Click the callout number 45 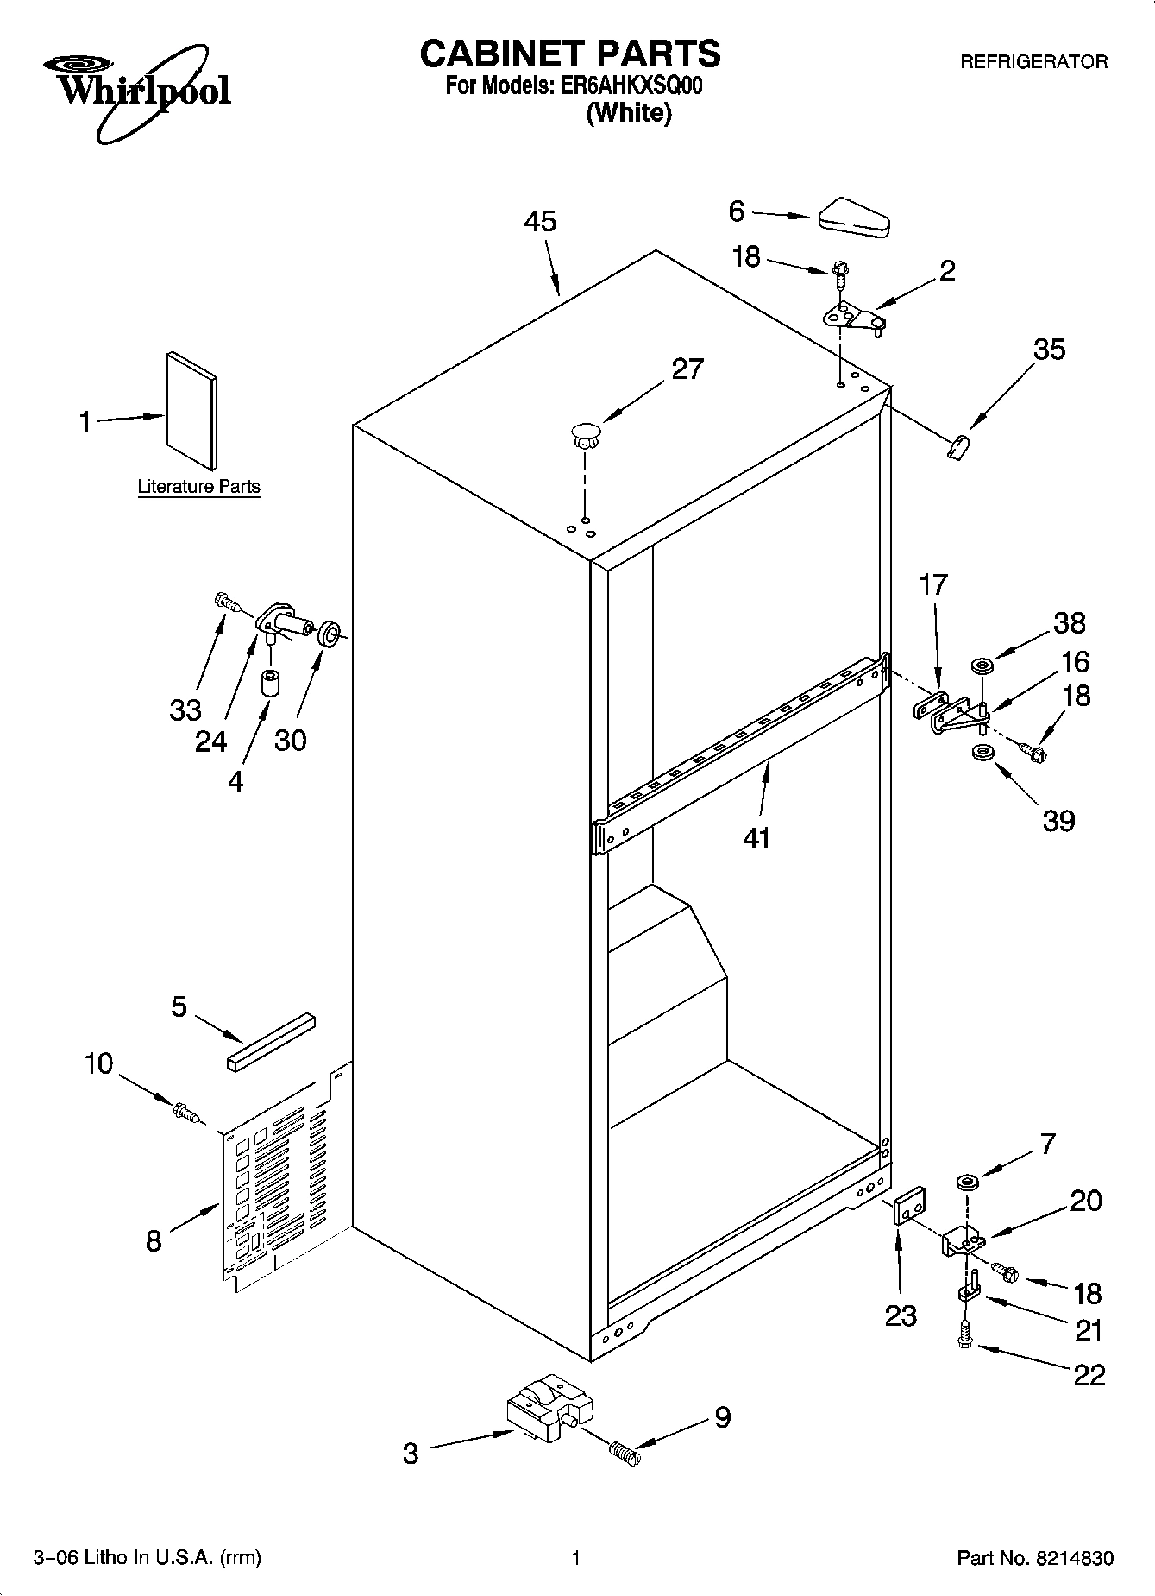click(x=540, y=222)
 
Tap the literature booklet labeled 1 click(x=191, y=410)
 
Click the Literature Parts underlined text click(x=198, y=487)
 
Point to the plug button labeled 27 click(x=585, y=433)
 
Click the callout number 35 click(x=1049, y=350)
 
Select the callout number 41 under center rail click(x=756, y=837)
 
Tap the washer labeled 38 click(x=982, y=666)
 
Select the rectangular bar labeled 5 click(x=272, y=1042)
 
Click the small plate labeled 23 click(x=909, y=1205)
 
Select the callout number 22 click(x=1089, y=1374)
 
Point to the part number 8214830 click(x=1077, y=1558)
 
